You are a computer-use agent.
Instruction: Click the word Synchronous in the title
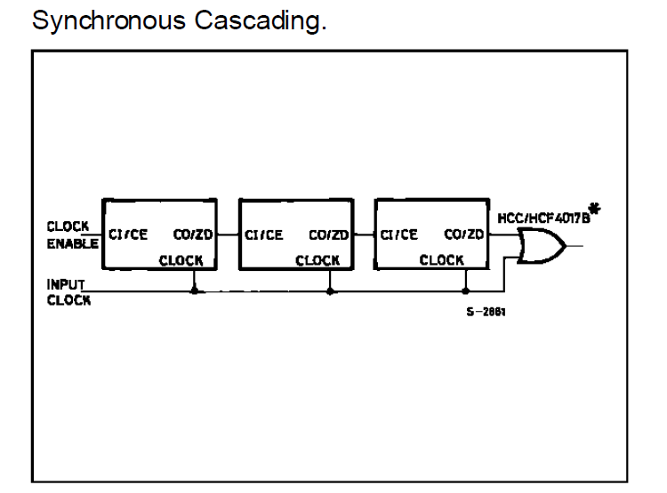[108, 20]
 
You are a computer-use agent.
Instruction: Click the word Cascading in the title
[261, 20]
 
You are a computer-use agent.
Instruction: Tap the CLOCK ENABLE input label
[72, 235]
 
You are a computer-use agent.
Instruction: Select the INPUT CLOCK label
[68, 292]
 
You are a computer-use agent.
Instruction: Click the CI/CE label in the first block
[128, 235]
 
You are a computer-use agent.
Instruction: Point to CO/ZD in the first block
[193, 235]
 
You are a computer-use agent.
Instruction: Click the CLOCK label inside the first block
[181, 260]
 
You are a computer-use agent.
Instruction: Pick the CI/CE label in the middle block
[264, 235]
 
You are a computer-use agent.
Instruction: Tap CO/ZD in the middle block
[329, 235]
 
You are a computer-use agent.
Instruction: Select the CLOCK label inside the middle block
[317, 260]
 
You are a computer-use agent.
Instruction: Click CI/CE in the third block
[399, 235]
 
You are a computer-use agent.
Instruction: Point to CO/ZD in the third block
[463, 235]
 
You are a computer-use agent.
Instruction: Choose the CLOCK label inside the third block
[441, 259]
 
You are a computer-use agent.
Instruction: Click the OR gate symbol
[542, 246]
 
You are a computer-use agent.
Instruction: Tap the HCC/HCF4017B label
[543, 219]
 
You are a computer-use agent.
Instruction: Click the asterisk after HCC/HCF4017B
[595, 209]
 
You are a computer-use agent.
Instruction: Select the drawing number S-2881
[486, 312]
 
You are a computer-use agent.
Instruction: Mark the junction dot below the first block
[195, 291]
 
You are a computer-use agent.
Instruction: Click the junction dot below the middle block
[330, 291]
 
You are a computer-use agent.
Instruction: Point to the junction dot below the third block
[466, 291]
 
